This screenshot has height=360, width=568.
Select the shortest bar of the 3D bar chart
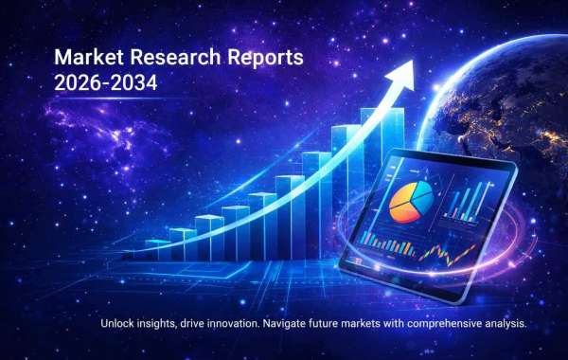point(142,252)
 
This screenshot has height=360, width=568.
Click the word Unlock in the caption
point(118,324)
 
